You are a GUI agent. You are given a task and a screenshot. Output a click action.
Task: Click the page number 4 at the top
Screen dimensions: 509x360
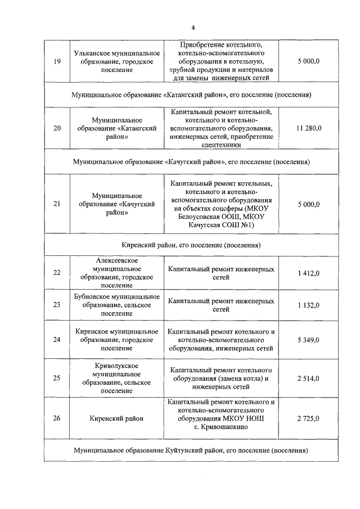pyautogui.click(x=193, y=28)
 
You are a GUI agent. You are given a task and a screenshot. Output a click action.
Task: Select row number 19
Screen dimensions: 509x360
pyautogui.click(x=57, y=61)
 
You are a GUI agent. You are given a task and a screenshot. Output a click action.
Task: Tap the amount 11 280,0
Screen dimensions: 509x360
pyautogui.click(x=308, y=128)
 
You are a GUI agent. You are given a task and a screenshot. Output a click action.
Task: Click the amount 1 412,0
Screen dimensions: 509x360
pyautogui.click(x=308, y=273)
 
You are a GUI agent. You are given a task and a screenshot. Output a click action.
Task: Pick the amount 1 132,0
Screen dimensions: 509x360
pyautogui.click(x=308, y=305)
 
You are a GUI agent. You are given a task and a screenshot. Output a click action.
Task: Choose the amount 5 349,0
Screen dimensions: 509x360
pyautogui.click(x=308, y=340)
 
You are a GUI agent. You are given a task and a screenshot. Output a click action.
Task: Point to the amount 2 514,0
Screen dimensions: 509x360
pyautogui.click(x=308, y=378)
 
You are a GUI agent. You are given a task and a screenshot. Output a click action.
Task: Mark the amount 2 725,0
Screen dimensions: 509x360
pyautogui.click(x=308, y=418)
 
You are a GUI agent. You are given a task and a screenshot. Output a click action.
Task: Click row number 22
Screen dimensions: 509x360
pyautogui.click(x=57, y=273)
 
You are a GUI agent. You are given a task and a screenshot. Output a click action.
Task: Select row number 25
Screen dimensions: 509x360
pyautogui.click(x=57, y=378)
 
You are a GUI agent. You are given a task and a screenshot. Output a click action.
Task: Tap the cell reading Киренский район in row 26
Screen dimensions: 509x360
pyautogui.click(x=116, y=418)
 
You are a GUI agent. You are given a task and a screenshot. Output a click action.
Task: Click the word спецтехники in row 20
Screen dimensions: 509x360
pyautogui.click(x=221, y=145)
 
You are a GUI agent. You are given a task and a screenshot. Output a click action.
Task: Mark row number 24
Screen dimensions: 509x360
pyautogui.click(x=57, y=340)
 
